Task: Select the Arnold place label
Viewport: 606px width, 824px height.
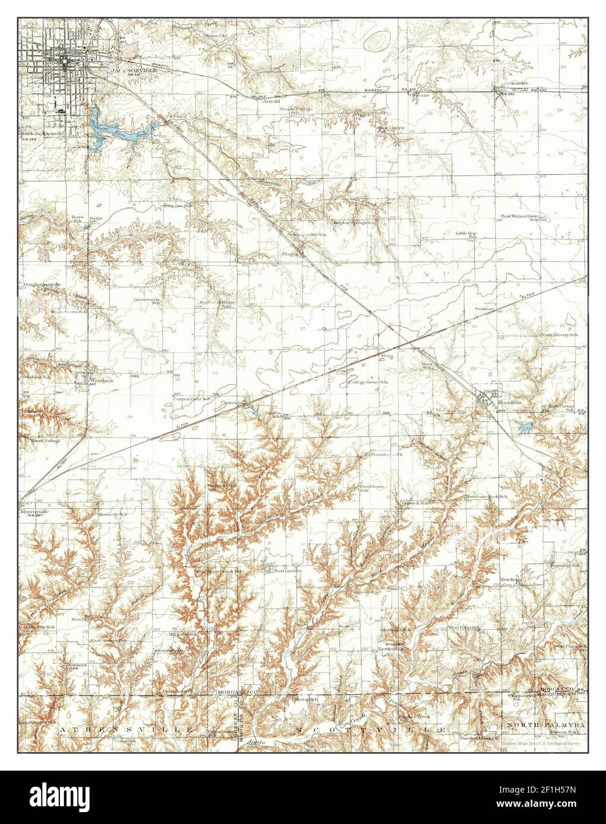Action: click(x=271, y=101)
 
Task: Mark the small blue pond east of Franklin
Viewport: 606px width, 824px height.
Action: click(x=524, y=425)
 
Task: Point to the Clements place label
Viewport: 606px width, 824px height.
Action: click(x=232, y=403)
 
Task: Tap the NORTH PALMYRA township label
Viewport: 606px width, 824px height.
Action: click(x=545, y=725)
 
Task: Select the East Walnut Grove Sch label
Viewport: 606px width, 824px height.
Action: click(x=519, y=217)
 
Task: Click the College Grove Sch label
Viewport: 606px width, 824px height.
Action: click(x=368, y=382)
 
